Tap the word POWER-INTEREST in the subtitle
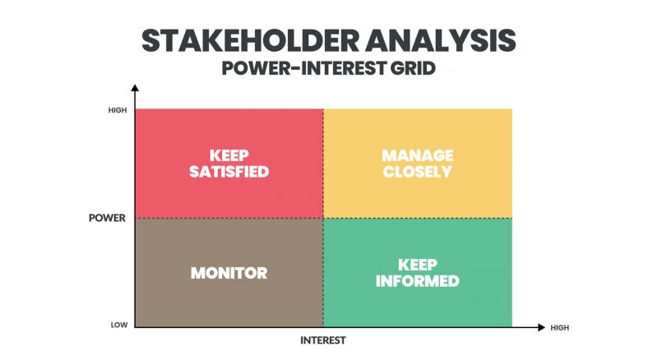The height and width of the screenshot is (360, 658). (x=303, y=69)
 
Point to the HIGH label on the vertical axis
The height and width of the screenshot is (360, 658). (x=118, y=110)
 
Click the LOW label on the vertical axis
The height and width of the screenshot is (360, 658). (x=119, y=325)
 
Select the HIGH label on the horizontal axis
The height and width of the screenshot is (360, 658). (x=559, y=327)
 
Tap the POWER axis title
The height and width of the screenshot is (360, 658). (x=107, y=219)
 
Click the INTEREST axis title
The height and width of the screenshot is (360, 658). (x=322, y=340)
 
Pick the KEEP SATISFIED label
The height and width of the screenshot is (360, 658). (x=229, y=164)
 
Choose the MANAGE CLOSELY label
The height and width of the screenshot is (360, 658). (x=417, y=164)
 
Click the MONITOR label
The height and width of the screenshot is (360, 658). (x=229, y=273)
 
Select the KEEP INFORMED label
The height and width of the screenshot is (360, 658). (x=417, y=273)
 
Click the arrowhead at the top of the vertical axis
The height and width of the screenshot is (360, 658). (x=135, y=88)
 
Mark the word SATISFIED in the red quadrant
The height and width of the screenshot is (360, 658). (x=229, y=172)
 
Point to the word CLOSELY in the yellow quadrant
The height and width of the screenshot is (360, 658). (x=417, y=172)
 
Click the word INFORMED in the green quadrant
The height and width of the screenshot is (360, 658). (x=417, y=281)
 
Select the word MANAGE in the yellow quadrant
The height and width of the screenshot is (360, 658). (x=417, y=155)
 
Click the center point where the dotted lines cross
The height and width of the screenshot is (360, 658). (x=323, y=218)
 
